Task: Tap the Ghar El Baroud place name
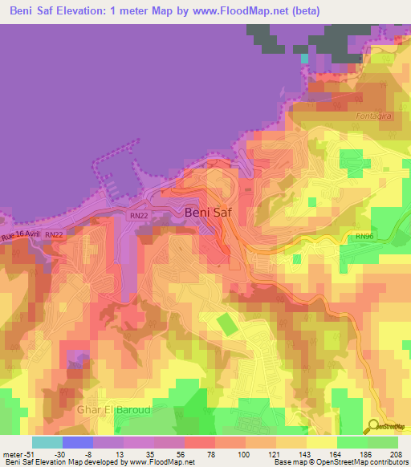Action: tap(113, 410)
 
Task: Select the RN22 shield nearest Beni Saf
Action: tap(138, 216)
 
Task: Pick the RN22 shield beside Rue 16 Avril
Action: tap(55, 234)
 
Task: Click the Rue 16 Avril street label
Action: tap(20, 235)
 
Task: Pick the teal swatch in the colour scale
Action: tap(47, 442)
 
